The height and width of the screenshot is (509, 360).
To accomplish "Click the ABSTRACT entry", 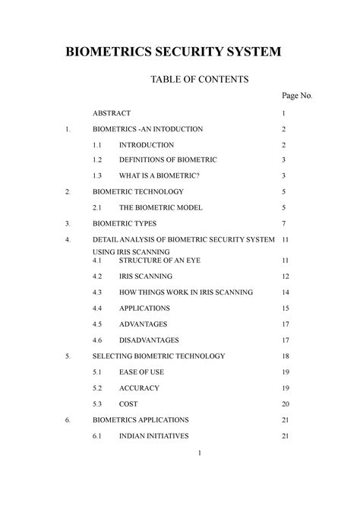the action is coord(112,113).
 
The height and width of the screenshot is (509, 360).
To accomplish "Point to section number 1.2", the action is coord(97,160).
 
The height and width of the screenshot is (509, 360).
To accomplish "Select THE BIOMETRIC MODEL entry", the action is coord(160,207).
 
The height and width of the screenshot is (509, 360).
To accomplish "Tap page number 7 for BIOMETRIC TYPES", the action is coord(283,223).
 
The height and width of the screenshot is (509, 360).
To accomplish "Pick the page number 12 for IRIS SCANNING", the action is coord(285,277).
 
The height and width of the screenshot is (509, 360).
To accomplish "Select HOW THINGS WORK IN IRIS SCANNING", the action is coord(186,292).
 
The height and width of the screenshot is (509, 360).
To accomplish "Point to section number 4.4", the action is coord(97,308).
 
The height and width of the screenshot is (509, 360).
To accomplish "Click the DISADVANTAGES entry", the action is coord(150,340).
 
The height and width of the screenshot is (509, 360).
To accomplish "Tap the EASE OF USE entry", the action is coord(141,372).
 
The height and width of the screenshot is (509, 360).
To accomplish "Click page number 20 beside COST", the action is coord(285,404).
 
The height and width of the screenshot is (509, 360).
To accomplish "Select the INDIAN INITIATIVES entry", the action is coord(154,435).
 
